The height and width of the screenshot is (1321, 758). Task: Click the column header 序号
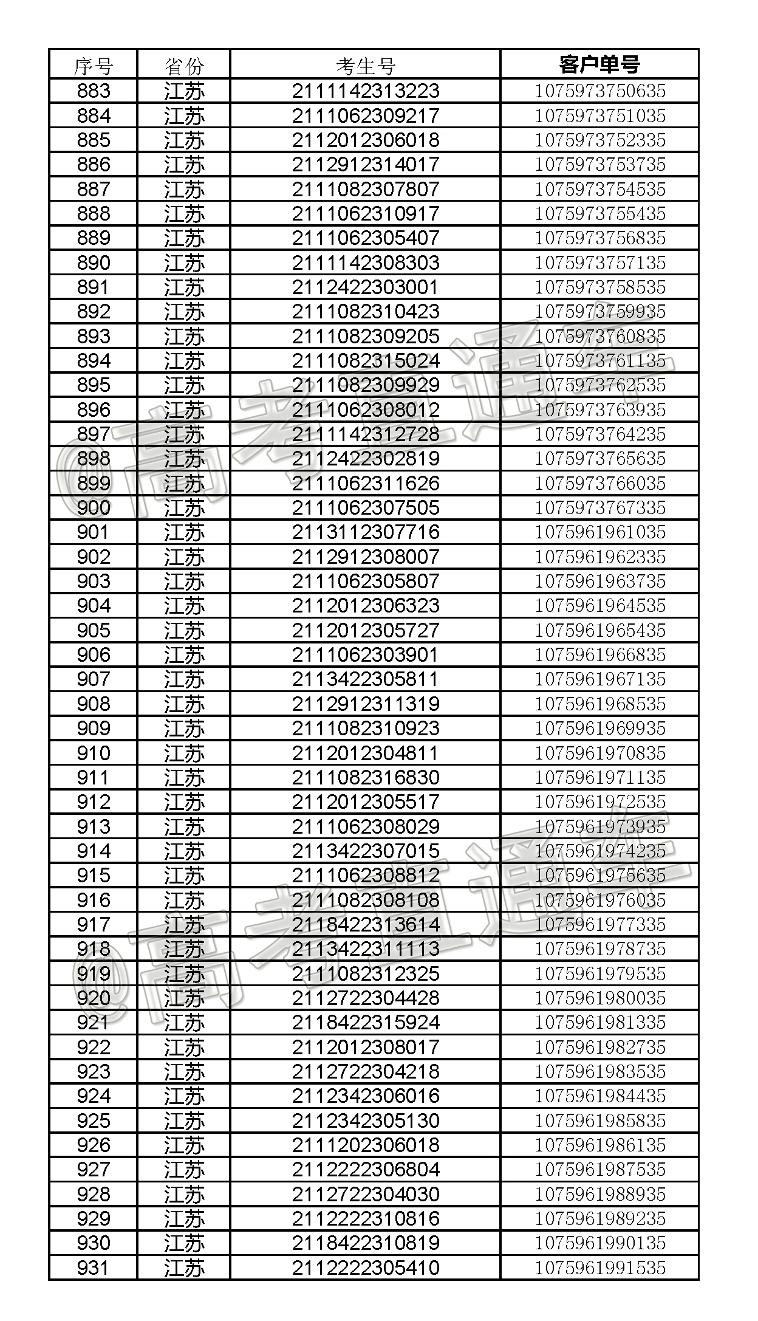[93, 65]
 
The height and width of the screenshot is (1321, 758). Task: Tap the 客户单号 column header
[599, 64]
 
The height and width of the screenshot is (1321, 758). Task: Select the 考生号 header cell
[365, 65]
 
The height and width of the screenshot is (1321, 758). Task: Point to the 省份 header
[183, 65]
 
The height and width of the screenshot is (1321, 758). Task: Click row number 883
[94, 91]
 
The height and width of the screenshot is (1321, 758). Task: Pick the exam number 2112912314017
[365, 165]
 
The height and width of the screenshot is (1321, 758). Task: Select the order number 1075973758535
[599, 287]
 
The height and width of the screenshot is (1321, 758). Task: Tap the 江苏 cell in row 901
[183, 532]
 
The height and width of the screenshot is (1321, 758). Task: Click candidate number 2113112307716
[365, 532]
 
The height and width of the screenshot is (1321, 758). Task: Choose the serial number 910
[94, 753]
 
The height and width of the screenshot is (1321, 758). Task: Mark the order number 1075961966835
[599, 654]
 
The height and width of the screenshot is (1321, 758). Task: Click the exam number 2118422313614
[365, 924]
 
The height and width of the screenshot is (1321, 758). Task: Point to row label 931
[94, 1268]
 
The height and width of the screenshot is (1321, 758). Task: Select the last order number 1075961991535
[599, 1268]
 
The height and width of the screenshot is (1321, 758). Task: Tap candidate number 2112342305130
[365, 1120]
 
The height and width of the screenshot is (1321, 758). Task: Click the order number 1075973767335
[599, 507]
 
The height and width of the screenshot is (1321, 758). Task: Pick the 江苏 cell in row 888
[183, 214]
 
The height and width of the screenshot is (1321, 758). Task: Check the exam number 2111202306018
[365, 1145]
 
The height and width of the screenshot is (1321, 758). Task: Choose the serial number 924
[94, 1096]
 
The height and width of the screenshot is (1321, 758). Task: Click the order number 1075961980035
[599, 998]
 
